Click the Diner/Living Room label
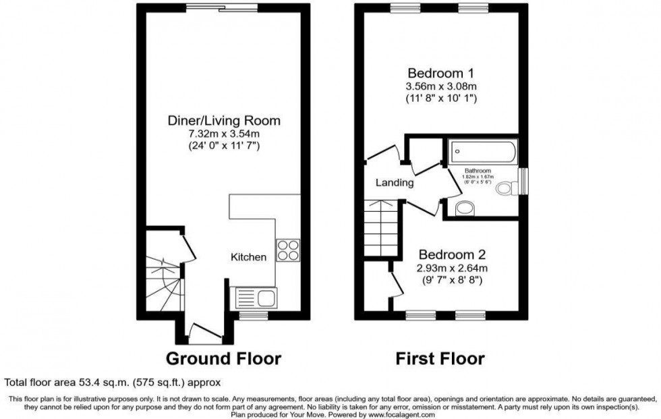coord(223,121)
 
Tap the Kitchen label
coord(249,257)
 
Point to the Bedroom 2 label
coord(452,255)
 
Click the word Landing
coord(395,182)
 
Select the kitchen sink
coord(253,297)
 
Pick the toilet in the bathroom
coord(505,190)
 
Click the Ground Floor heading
coord(223,358)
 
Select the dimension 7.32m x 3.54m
coord(223,134)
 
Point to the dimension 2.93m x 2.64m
coord(452,268)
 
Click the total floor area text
coord(113,381)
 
